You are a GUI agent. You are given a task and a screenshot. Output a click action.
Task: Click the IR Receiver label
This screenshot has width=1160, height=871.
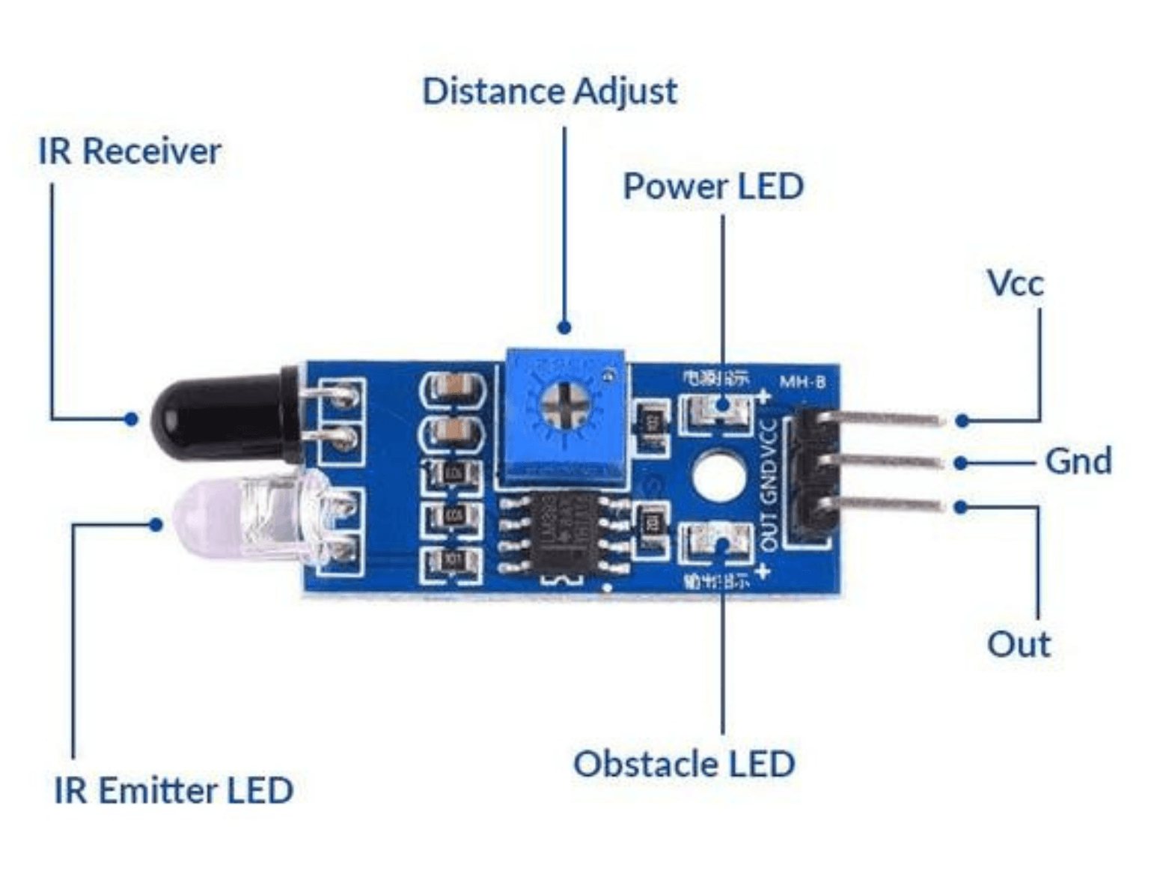tap(129, 151)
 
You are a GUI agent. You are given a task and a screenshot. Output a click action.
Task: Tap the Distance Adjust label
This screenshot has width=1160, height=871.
tap(549, 91)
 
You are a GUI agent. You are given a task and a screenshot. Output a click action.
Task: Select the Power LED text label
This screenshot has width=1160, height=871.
tap(713, 186)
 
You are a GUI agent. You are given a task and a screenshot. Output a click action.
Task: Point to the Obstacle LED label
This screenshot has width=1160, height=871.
tap(684, 764)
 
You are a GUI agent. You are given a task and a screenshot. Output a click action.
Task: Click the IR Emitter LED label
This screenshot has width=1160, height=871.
tap(174, 790)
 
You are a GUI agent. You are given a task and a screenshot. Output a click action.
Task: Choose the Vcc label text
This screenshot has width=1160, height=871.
tap(1015, 283)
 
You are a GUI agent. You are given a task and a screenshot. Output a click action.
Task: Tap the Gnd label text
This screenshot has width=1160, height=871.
tap(1078, 461)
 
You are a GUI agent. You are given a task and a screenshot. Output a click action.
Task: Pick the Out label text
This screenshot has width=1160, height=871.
tap(1019, 644)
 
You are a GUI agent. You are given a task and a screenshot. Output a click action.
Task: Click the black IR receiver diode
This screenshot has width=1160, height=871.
tap(217, 416)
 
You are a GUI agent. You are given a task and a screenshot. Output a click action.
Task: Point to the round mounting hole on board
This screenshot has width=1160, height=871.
tap(718, 475)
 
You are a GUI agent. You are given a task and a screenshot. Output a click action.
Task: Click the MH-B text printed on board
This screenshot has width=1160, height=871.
tap(802, 382)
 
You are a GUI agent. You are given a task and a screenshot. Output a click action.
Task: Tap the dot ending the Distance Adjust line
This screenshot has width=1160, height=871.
tap(564, 327)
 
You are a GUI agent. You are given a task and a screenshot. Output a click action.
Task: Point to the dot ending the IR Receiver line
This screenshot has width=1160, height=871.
tap(131, 419)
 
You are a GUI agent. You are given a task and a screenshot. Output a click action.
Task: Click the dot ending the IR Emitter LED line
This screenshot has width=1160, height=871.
tap(156, 525)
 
